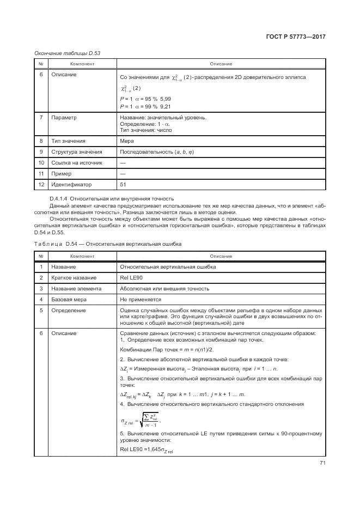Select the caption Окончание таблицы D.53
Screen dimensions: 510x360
(67, 53)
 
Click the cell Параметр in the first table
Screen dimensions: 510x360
(64, 118)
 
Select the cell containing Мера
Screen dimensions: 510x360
(126, 141)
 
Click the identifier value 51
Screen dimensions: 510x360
(123, 185)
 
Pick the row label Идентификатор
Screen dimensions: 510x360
(72, 185)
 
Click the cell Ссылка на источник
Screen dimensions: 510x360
(76, 163)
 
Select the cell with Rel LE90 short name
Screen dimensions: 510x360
(130, 278)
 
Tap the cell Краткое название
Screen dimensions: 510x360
(74, 278)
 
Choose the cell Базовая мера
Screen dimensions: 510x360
(69, 300)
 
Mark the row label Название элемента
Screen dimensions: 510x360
(76, 289)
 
